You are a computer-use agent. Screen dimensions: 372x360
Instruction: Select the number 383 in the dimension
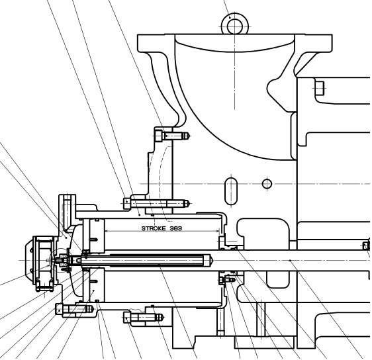click(x=176, y=228)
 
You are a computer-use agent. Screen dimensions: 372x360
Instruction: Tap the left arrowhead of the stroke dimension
click(x=107, y=231)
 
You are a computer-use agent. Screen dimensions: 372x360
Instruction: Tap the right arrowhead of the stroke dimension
click(x=218, y=231)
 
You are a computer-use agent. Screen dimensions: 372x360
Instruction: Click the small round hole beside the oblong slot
click(x=267, y=184)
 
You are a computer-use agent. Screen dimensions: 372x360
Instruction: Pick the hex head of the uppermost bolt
click(x=158, y=136)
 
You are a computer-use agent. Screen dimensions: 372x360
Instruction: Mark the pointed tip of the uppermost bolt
click(x=190, y=136)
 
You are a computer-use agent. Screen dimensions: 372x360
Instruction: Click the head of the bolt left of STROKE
click(x=127, y=203)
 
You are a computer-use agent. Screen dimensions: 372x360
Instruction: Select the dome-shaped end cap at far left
click(x=29, y=260)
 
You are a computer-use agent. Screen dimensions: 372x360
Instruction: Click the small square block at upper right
click(x=320, y=88)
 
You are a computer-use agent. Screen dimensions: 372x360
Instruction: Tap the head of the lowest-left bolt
click(x=59, y=309)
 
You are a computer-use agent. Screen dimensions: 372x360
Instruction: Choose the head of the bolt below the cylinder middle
click(x=127, y=318)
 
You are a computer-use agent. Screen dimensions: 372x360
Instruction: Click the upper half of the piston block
click(x=94, y=236)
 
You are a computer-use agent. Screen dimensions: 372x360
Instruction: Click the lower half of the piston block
click(x=94, y=285)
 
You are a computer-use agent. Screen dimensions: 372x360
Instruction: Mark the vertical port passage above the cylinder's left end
click(x=67, y=214)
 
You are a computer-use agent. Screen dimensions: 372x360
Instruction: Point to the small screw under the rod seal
click(x=227, y=281)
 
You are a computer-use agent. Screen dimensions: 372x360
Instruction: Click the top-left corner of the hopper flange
click(x=138, y=35)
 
